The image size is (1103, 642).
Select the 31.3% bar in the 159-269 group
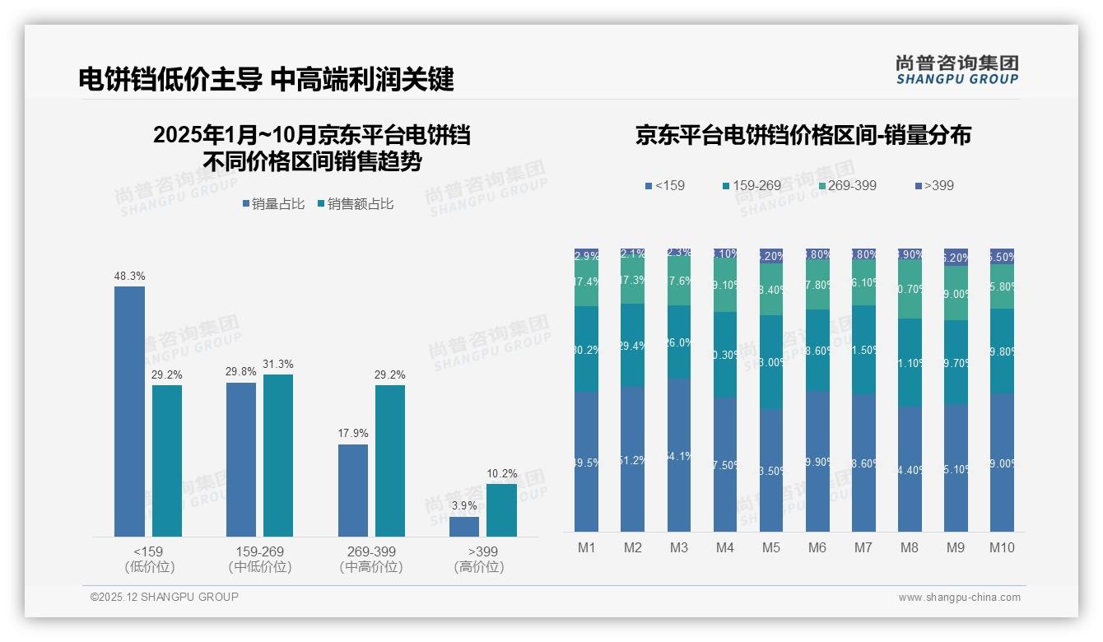point(278,455)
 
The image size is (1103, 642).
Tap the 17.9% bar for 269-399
point(353,491)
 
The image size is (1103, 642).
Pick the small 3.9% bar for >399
point(464,527)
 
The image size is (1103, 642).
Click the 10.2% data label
point(502,473)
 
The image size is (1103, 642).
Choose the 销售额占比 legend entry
point(355,204)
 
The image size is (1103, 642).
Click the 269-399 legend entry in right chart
point(845,185)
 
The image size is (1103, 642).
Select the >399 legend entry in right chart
point(933,185)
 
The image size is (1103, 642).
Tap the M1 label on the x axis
point(586,547)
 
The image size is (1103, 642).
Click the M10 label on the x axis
point(1002,547)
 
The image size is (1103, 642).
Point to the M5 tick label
point(771,547)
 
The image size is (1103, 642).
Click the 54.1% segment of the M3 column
point(679,455)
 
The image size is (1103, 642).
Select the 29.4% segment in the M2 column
point(633,346)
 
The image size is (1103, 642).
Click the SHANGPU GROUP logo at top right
point(956,70)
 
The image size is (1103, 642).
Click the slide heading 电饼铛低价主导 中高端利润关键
point(266,79)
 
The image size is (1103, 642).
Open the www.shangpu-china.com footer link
point(959,598)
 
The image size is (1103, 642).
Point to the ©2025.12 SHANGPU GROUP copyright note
point(165,597)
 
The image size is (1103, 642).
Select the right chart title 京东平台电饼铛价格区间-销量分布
point(803,135)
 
